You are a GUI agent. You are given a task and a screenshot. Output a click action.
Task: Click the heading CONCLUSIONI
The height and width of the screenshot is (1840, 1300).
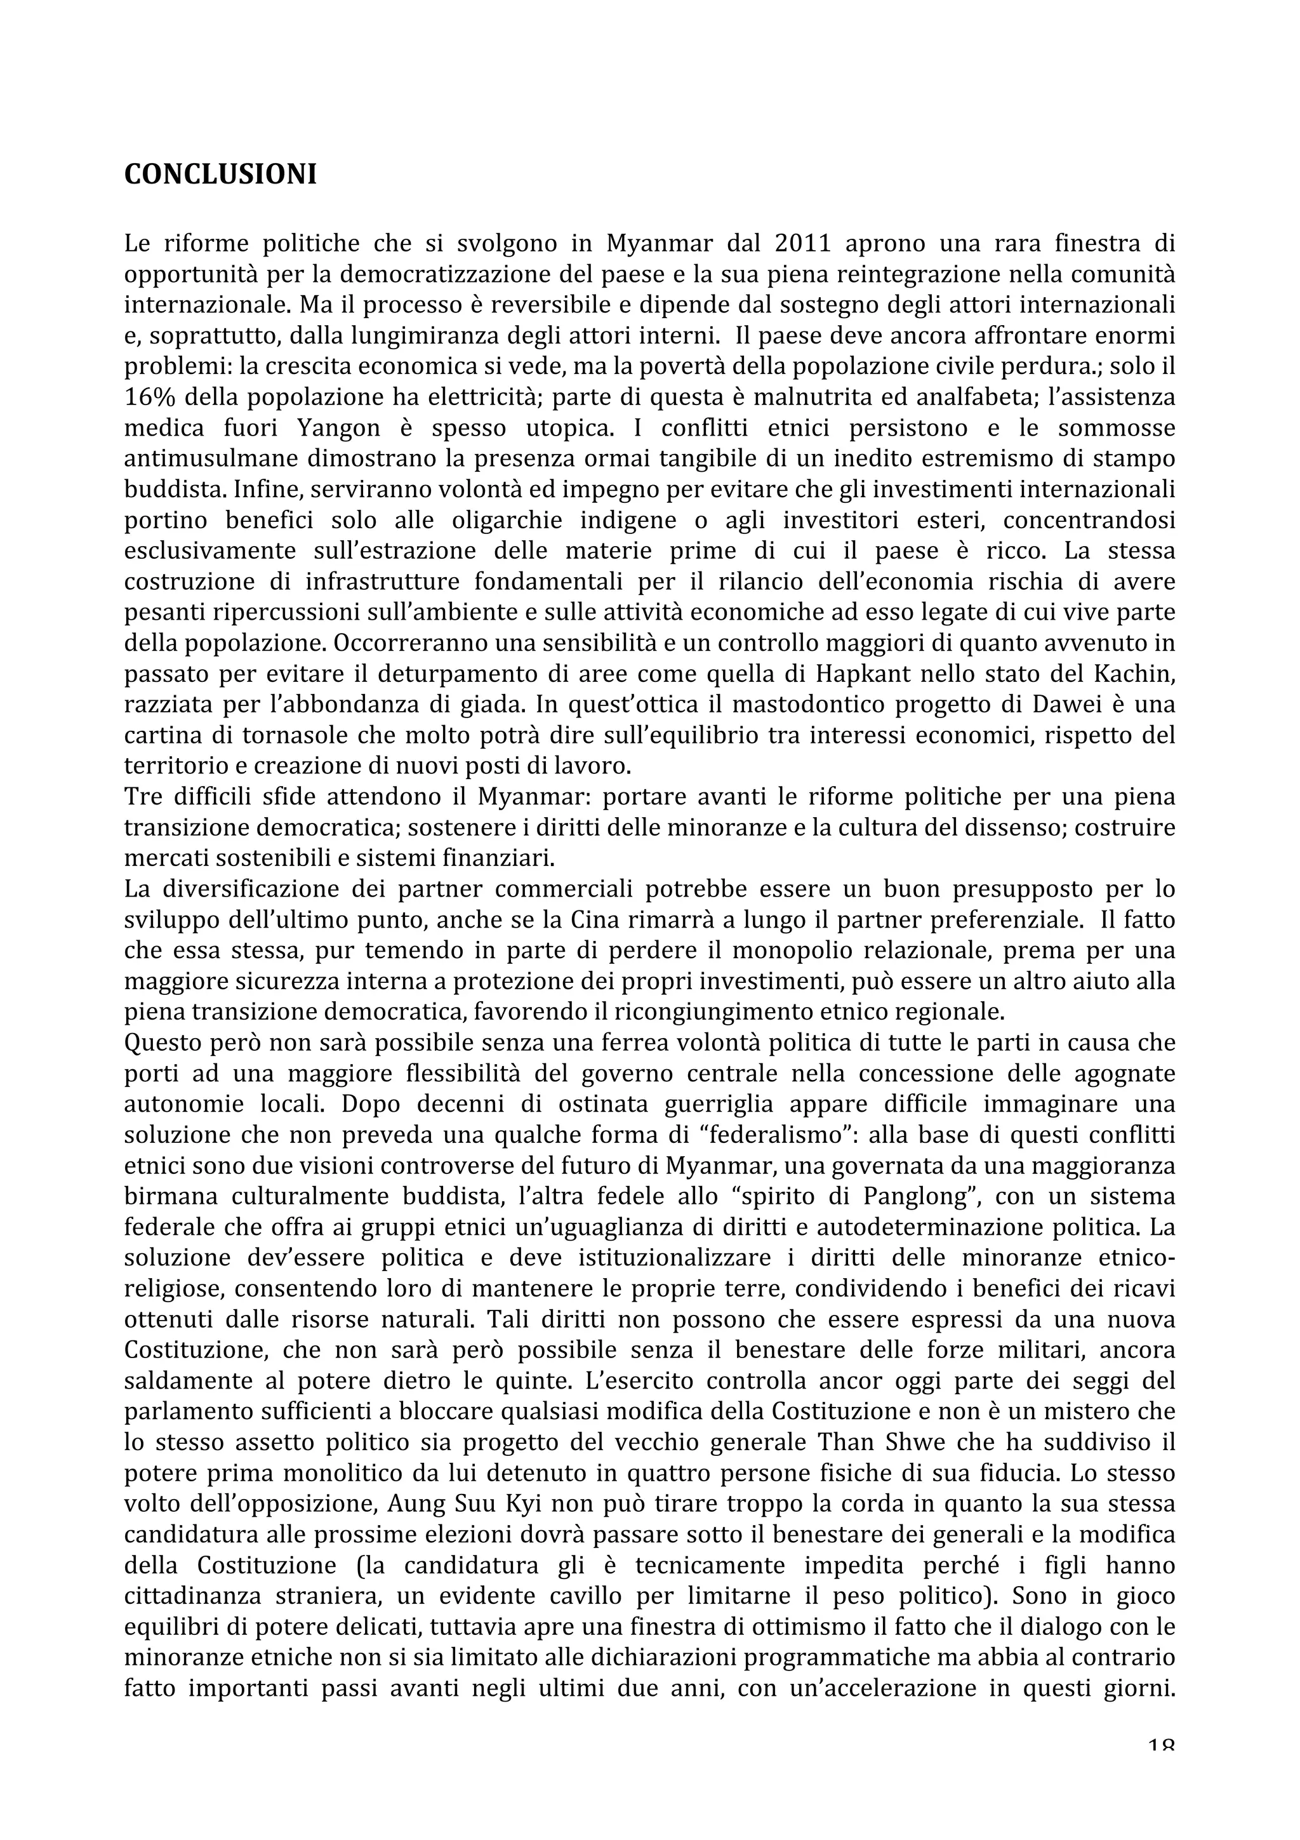point(220,175)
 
